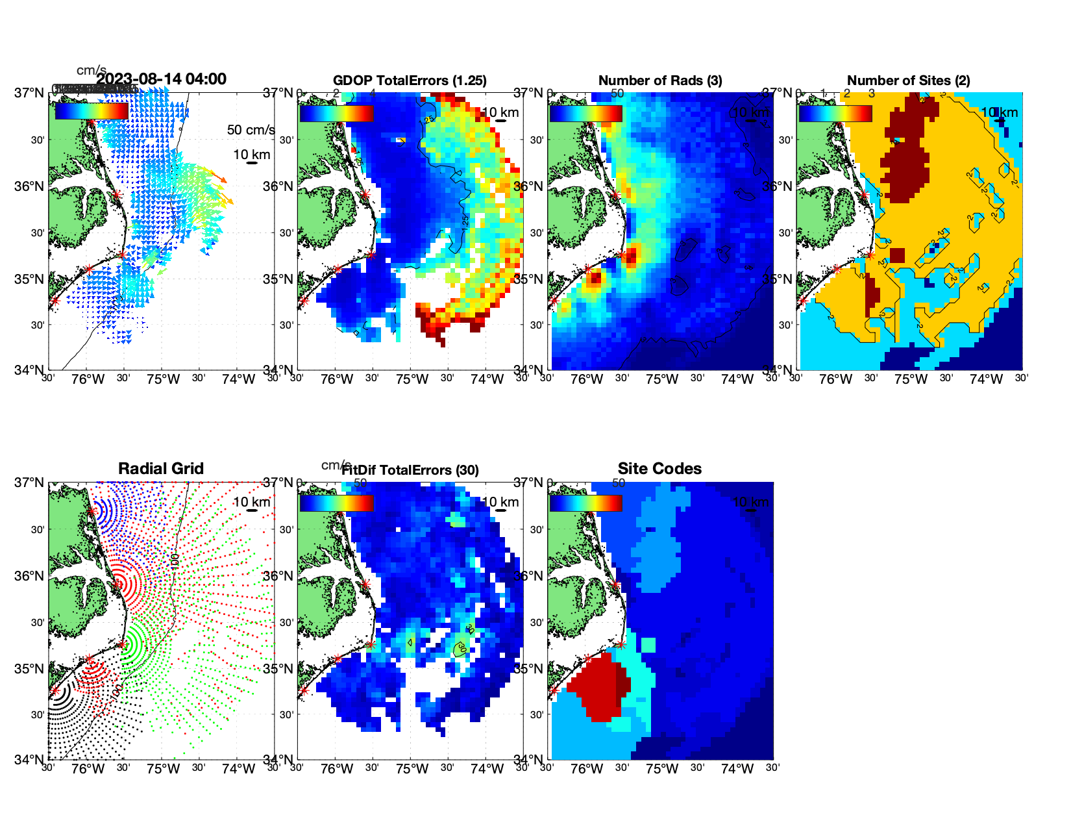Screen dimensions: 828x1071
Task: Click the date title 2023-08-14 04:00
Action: click(x=161, y=79)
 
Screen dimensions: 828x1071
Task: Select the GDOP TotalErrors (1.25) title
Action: click(x=410, y=81)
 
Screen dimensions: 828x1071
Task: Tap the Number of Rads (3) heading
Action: click(x=659, y=81)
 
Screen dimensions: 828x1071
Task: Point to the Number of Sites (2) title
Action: click(x=908, y=81)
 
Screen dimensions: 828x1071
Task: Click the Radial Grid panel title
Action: click(x=161, y=469)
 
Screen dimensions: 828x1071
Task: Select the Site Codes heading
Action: click(x=659, y=469)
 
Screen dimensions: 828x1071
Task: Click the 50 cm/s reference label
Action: click(x=251, y=130)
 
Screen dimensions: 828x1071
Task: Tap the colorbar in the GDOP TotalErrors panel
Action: click(x=336, y=114)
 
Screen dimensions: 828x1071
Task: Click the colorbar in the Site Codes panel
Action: click(x=585, y=503)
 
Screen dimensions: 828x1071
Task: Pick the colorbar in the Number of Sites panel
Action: click(x=835, y=114)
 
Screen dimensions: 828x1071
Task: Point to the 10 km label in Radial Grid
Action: click(x=251, y=502)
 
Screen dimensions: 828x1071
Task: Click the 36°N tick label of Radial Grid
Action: click(x=30, y=576)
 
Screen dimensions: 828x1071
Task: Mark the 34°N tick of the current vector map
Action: click(x=30, y=370)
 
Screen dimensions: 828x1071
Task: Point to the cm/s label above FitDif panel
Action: click(x=336, y=465)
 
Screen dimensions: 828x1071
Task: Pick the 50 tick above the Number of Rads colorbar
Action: click(x=617, y=94)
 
